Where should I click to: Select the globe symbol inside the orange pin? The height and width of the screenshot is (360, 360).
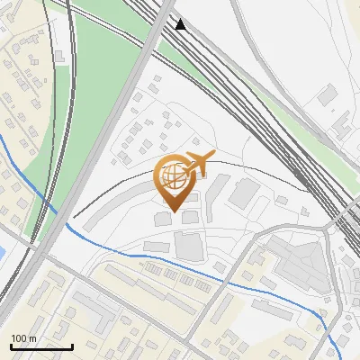pyautogui.click(x=175, y=175)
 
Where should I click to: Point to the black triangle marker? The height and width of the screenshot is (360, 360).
pyautogui.click(x=182, y=24)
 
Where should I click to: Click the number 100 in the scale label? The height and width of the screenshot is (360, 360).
pyautogui.click(x=19, y=338)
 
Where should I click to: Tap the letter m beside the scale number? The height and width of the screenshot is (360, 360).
pyautogui.click(x=31, y=338)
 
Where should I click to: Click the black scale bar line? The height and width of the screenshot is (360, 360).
pyautogui.click(x=40, y=347)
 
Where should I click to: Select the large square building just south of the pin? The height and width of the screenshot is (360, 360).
pyautogui.click(x=189, y=245)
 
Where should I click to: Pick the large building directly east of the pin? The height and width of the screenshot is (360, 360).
pyautogui.click(x=243, y=191)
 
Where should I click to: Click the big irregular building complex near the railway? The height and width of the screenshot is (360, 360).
pyautogui.click(x=297, y=261)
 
